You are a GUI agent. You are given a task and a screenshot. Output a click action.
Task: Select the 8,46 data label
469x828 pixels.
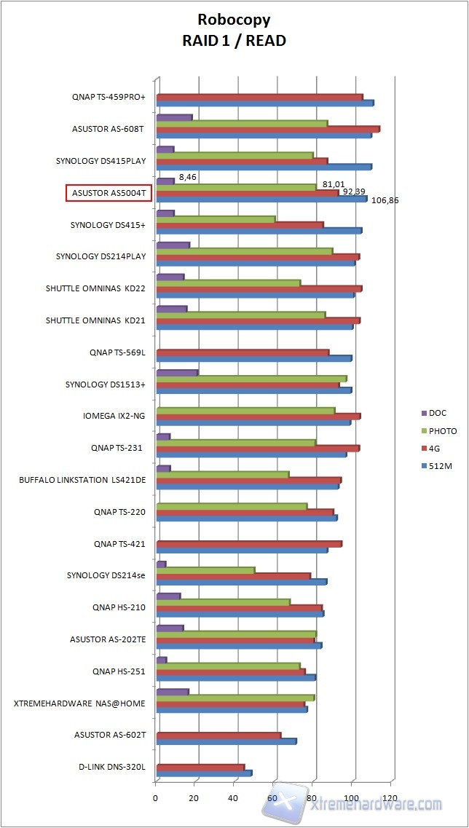click(x=187, y=176)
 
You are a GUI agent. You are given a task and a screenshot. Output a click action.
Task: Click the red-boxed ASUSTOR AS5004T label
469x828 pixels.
click(x=108, y=193)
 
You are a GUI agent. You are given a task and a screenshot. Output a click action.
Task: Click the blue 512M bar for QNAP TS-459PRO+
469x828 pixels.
click(x=264, y=103)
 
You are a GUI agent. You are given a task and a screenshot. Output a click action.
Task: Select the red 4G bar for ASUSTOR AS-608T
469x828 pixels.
click(x=267, y=130)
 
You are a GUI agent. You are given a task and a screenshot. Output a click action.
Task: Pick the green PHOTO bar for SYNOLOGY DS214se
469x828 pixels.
click(x=205, y=570)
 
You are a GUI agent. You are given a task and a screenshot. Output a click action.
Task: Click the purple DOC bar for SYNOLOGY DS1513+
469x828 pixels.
click(x=177, y=374)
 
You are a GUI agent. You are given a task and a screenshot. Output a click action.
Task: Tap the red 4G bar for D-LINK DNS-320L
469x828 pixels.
click(x=200, y=768)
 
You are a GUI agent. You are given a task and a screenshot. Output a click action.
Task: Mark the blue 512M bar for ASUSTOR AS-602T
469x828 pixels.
click(x=226, y=741)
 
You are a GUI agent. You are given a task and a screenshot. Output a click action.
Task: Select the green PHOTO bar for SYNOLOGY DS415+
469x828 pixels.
click(x=216, y=219)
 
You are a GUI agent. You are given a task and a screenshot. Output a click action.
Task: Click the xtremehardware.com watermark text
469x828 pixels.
click(x=376, y=804)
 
